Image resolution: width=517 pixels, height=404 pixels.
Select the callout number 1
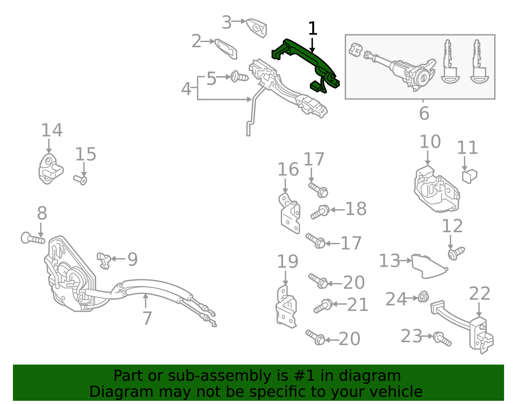(313, 28)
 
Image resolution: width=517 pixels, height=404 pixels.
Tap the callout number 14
(52, 130)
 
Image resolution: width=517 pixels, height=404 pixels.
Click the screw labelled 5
(239, 77)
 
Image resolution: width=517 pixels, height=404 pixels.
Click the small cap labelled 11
(470, 176)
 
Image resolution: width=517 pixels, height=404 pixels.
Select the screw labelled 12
(456, 254)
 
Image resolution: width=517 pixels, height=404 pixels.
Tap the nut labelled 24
(424, 297)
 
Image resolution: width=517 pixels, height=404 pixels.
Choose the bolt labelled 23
(442, 339)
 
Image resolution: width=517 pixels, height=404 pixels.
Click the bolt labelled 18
(320, 212)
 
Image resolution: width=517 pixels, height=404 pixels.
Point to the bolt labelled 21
(323, 306)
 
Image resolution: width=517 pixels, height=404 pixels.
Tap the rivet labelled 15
(80, 180)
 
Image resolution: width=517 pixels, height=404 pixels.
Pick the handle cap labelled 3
(256, 28)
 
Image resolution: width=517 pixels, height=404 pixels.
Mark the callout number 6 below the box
(424, 113)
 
